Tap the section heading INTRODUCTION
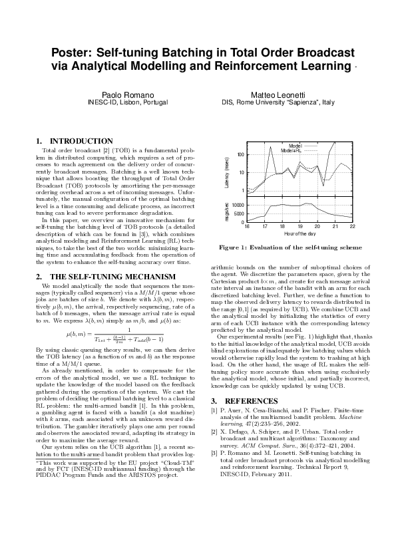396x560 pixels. pyautogui.click(x=81, y=141)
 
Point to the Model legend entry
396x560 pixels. pyautogui.click(x=295, y=145)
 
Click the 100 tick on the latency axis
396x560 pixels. pyautogui.click(x=241, y=155)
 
